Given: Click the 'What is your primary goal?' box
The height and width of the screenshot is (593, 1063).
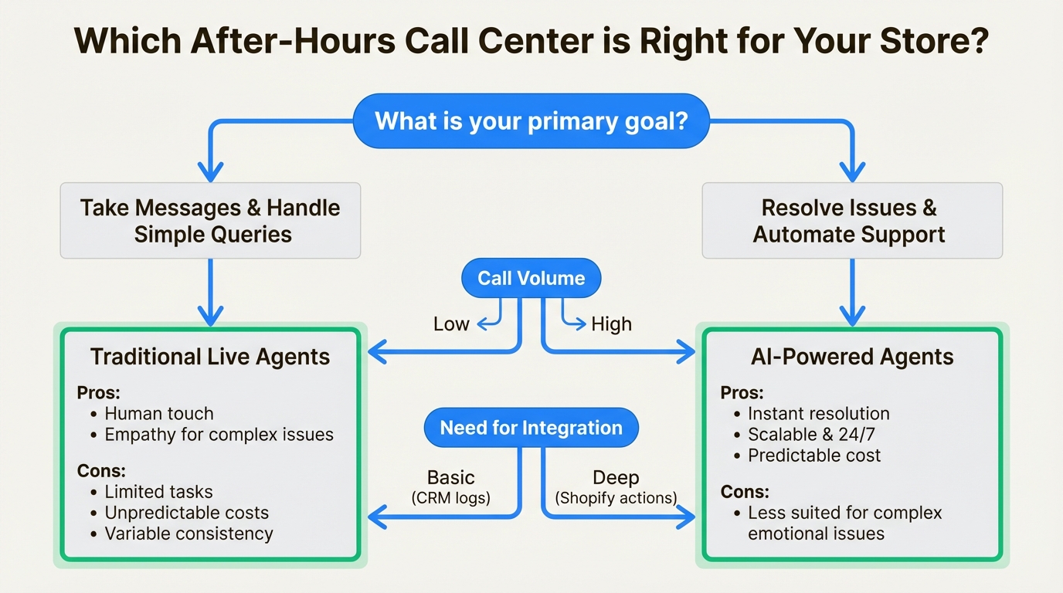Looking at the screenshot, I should [531, 121].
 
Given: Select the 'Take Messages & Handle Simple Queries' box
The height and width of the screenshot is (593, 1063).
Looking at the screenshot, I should [210, 221].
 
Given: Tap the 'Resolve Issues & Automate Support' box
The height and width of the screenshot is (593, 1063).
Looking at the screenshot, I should [851, 221].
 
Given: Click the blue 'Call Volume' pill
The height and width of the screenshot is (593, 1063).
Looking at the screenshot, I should [531, 279].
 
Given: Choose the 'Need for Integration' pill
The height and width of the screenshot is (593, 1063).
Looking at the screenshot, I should [531, 428].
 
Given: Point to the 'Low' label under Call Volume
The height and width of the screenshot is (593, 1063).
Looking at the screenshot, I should [451, 324].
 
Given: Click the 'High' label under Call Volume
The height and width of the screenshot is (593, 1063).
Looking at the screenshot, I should [611, 324].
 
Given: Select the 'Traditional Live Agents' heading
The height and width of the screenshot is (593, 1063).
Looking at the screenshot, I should [210, 357].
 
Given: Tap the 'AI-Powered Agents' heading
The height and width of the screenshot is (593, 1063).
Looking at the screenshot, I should [851, 357].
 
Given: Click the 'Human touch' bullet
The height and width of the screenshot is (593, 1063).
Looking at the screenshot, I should [159, 413].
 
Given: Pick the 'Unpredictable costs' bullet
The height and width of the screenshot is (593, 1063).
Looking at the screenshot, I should [187, 513].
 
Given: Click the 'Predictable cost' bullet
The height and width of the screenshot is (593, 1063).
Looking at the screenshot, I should [814, 456].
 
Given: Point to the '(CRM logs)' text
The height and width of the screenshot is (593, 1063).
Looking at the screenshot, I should [450, 498].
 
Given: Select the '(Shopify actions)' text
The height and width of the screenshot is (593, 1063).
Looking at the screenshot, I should [616, 498].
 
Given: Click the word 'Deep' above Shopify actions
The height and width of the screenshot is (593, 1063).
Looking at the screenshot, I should [616, 478].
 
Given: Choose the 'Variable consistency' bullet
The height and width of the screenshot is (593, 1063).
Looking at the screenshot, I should [188, 534].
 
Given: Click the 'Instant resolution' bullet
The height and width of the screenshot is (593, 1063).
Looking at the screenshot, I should [819, 414].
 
